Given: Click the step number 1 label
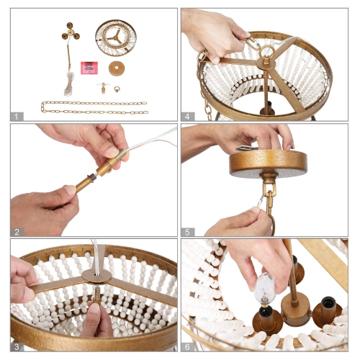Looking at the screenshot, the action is point(17,117).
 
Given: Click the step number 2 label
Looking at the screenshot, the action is point(17,232).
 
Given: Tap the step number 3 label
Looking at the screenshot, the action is point(17,347).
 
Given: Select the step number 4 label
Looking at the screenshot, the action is point(187,117).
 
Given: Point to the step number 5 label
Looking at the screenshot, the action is point(187,232).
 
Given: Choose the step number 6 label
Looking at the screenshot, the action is point(187,347).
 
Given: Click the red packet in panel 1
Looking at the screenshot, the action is point(89,68).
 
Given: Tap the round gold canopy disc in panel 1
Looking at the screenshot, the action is point(117,68).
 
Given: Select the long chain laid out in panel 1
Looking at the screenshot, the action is point(94,107).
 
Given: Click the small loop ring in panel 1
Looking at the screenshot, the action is point(117,89).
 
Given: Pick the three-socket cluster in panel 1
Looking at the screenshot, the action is point(71,32).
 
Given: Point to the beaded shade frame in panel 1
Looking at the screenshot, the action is point(116,38).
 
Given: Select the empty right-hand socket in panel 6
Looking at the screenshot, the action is point(328,312).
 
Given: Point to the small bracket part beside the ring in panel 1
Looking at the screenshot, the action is point(103,88).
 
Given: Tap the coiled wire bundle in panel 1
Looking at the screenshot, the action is point(69,84).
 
